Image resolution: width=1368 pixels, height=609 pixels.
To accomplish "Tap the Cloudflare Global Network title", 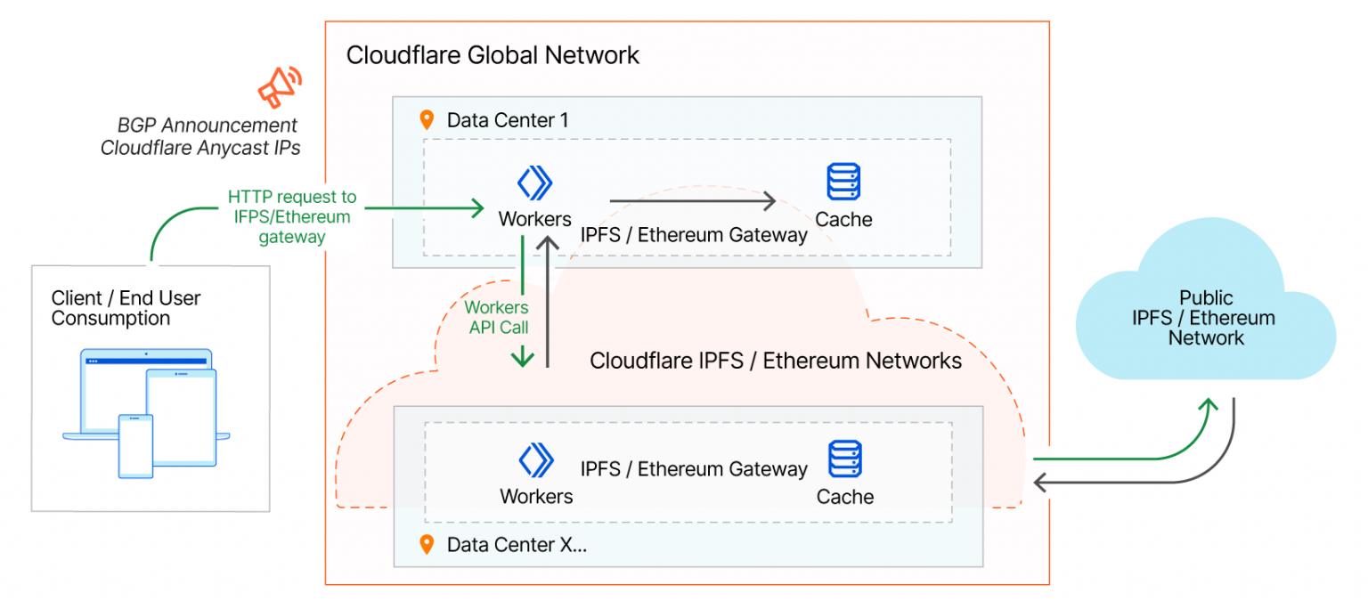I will pos(493,55).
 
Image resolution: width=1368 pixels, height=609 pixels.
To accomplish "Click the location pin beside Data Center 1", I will pos(427,120).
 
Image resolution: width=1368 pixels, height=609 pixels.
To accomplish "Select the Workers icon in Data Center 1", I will pos(534,183).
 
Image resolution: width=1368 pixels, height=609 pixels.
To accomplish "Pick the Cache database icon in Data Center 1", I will pos(843,182).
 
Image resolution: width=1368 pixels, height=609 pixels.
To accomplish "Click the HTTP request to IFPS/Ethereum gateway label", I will pos(291,217).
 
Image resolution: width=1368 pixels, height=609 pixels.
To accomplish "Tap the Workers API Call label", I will pos(497,318).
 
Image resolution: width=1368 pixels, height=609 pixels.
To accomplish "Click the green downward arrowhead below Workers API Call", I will pos(522,358).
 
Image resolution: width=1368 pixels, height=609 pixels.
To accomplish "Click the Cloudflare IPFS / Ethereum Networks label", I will pos(776,361).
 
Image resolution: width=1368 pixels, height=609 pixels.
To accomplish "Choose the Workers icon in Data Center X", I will pos(536,460).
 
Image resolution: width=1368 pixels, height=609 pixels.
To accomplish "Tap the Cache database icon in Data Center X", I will pos(843,459).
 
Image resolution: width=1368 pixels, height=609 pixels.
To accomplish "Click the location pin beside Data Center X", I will pos(427,544).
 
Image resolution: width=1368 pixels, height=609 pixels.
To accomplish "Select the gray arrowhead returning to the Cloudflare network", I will pos(1041,483).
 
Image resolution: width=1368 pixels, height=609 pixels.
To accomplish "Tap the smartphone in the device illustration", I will pos(136,446).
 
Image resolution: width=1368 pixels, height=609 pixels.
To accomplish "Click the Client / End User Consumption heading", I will pos(126,308).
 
